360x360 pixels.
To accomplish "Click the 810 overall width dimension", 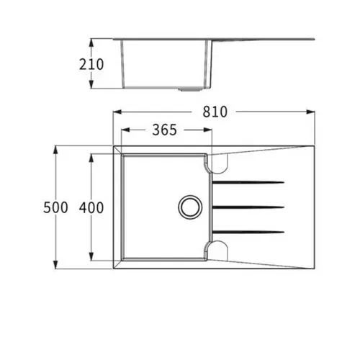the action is [215, 112].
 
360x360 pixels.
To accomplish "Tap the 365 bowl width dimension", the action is [165, 130].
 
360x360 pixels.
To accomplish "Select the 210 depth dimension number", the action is [91, 64].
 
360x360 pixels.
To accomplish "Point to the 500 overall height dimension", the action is [55, 207].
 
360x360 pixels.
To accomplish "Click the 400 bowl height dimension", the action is [91, 207].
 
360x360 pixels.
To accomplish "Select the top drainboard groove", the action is [248, 182].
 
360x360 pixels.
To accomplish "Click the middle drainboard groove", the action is [248, 207].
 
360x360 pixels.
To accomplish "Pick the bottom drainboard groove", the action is [248, 232].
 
